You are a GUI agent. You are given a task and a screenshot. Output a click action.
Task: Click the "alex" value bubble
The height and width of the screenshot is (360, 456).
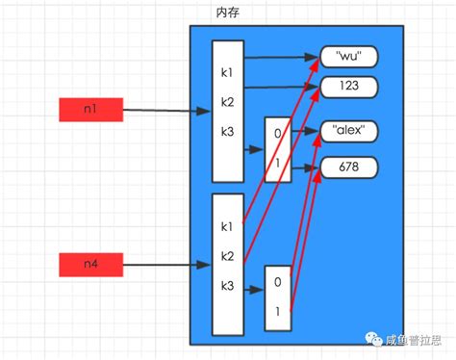pos(349,130)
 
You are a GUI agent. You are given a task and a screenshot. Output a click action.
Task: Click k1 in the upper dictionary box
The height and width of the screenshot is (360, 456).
pos(227,73)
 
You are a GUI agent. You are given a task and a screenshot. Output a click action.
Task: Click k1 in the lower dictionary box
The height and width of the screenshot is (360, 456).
pos(227,227)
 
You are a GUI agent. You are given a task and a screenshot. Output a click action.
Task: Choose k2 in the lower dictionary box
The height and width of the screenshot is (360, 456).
pos(227,255)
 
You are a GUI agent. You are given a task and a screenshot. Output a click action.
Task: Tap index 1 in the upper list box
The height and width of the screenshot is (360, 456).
pos(277,164)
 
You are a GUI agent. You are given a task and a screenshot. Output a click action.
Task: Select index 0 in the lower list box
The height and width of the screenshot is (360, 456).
pos(277,283)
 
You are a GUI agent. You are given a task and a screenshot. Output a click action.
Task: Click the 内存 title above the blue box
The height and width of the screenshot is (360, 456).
pos(228,14)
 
